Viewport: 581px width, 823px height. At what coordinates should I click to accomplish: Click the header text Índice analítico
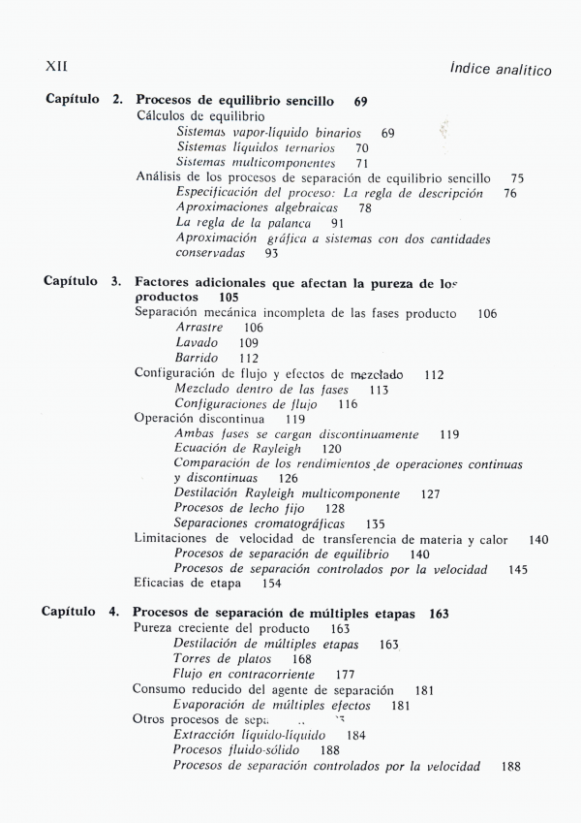click(x=501, y=69)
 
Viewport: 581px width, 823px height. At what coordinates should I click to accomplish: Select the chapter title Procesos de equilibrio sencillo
click(x=235, y=100)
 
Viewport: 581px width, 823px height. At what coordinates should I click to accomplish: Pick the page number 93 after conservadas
click(x=271, y=253)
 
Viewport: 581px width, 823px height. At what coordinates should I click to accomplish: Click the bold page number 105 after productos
click(x=229, y=297)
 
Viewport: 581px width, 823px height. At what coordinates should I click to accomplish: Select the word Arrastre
click(x=198, y=328)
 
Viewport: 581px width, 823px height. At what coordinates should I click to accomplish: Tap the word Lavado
click(x=197, y=343)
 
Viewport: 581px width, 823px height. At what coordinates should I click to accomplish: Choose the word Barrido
click(x=197, y=358)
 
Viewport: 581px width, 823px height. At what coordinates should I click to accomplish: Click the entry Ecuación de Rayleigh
click(x=237, y=449)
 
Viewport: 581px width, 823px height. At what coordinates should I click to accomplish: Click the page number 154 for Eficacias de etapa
click(x=272, y=584)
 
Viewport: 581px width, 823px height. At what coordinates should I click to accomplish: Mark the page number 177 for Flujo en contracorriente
click(x=345, y=674)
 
